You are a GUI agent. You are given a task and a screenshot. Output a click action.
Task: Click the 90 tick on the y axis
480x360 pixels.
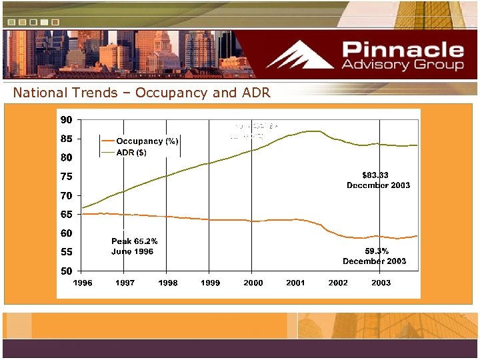[67, 120]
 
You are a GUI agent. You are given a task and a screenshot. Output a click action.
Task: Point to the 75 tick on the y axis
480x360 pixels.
[67, 177]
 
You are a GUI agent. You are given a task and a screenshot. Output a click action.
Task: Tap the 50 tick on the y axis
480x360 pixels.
[67, 271]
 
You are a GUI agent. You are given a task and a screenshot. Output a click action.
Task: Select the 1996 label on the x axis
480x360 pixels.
[83, 283]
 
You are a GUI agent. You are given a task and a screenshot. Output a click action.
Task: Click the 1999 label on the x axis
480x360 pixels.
[210, 283]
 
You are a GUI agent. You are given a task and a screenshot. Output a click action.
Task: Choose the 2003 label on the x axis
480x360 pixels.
[381, 283]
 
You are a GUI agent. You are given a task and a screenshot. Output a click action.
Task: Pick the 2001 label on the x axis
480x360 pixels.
[295, 283]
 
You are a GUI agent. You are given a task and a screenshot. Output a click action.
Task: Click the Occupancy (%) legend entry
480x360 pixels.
[147, 141]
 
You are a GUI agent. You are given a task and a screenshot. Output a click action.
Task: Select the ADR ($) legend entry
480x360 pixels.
[131, 153]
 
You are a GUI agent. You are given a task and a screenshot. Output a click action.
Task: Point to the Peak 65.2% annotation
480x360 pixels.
[134, 241]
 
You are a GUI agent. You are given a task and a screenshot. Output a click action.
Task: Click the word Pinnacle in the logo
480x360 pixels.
[403, 50]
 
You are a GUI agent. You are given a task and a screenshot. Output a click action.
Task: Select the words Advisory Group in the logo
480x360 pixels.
[403, 65]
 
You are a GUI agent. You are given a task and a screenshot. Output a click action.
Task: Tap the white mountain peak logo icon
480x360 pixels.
[300, 55]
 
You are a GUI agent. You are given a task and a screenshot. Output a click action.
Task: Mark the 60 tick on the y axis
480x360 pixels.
[67, 233]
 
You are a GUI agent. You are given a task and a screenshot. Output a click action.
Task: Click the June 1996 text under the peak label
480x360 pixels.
[132, 251]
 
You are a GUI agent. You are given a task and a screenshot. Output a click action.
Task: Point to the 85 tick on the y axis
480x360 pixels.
[67, 139]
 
